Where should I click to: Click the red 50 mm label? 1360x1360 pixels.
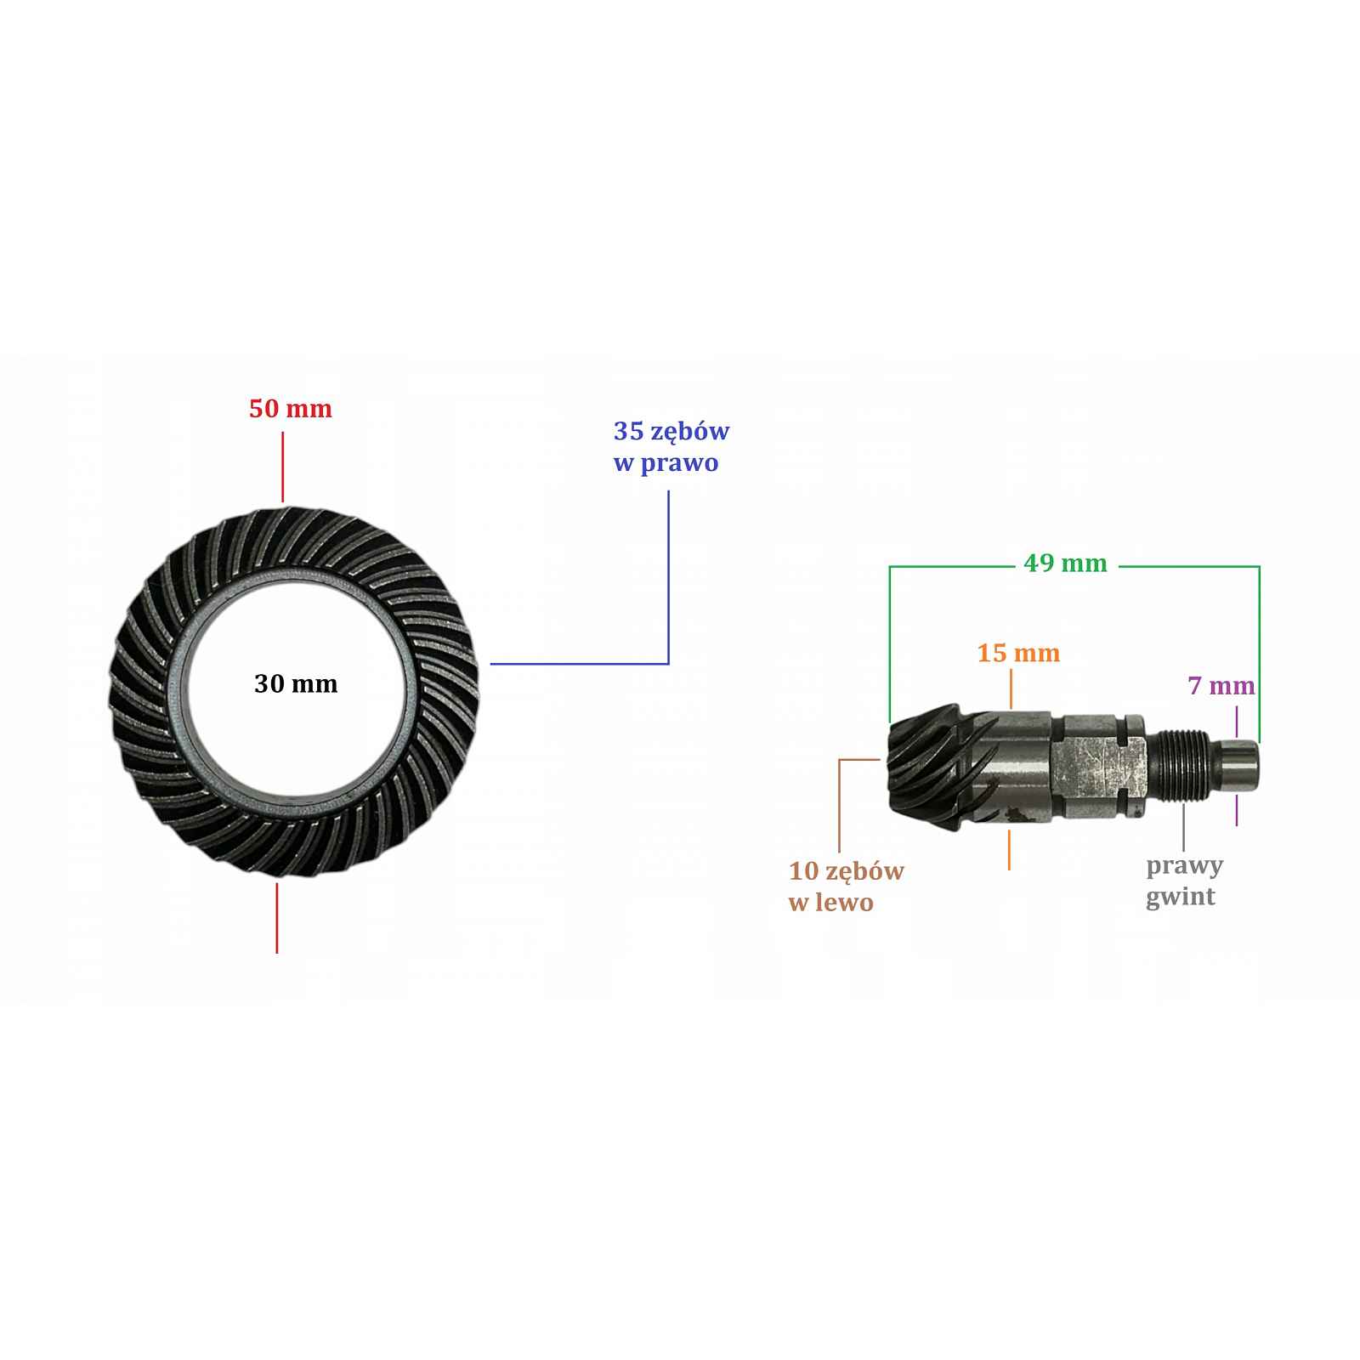point(291,409)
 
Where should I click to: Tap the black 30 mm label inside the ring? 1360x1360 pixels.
point(296,684)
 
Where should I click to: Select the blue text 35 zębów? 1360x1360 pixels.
point(671,433)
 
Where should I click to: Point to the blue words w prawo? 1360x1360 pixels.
point(666,464)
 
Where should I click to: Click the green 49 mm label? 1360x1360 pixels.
point(1066,564)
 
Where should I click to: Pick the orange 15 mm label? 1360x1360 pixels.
point(1018,654)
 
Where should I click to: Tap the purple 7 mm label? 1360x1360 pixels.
point(1221,686)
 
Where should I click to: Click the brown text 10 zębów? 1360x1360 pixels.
point(847,872)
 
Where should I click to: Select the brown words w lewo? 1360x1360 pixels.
point(831,903)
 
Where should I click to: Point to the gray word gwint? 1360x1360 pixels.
point(1181,898)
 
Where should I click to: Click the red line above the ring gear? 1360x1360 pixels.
point(282,467)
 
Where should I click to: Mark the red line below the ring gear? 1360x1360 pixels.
point(277,918)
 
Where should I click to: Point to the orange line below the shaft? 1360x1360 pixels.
point(1009,850)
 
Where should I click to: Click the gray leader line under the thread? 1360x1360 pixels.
point(1183,825)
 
